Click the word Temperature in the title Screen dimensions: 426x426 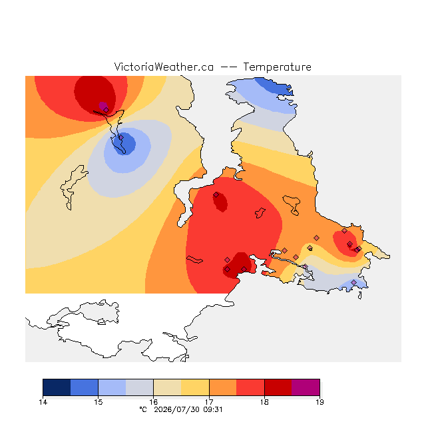click(277, 67)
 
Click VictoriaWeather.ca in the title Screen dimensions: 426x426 click(164, 67)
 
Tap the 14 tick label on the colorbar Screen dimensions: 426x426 click(43, 402)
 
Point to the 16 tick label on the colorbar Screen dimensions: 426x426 click(154, 402)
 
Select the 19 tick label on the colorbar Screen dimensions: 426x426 click(319, 402)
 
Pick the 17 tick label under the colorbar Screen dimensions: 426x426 click(209, 402)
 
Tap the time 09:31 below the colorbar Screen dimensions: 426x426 click(213, 409)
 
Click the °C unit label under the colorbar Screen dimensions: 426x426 click(143, 409)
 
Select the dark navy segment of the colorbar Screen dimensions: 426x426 click(57, 387)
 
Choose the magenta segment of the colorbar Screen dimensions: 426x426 click(306, 387)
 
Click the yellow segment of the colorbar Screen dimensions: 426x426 click(195, 387)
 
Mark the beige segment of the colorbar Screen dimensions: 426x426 click(167, 387)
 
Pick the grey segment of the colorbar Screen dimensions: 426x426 click(140, 387)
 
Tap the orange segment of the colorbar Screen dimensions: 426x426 click(223, 387)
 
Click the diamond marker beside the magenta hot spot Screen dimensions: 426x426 click(106, 110)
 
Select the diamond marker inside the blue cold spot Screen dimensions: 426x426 click(121, 138)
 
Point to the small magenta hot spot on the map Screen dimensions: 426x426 click(103, 106)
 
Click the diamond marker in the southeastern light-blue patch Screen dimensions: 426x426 click(353, 282)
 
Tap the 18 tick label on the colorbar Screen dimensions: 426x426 click(264, 402)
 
